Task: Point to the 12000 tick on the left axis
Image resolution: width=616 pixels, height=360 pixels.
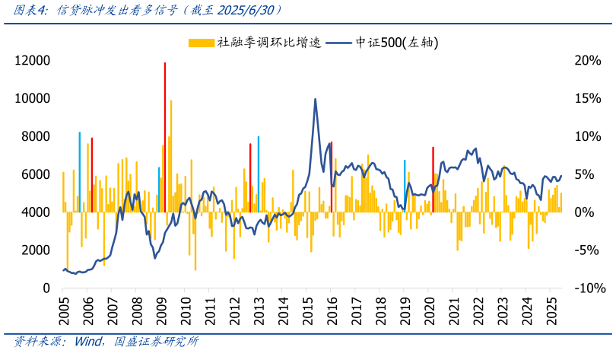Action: [34, 61]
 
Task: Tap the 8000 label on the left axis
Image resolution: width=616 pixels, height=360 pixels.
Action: [34, 137]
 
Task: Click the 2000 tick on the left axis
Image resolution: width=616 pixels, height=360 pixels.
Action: [34, 250]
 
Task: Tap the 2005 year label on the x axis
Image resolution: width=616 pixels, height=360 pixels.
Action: [63, 310]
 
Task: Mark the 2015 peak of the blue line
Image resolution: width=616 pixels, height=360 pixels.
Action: [316, 99]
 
